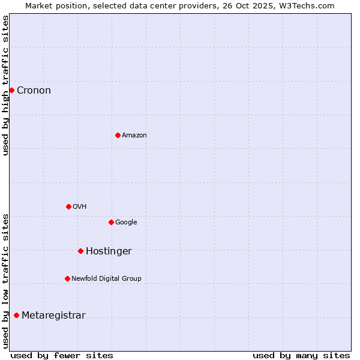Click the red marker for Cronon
(11, 90)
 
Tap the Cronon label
(34, 91)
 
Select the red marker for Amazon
(118, 135)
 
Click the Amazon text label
(134, 136)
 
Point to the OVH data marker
(68, 206)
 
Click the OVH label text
(80, 207)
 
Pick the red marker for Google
(111, 222)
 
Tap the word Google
(126, 223)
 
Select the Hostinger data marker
(80, 251)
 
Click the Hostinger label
(109, 251)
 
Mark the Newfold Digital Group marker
(67, 278)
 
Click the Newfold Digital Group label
(106, 279)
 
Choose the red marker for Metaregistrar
(16, 315)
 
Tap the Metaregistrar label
(53, 316)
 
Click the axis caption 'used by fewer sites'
(62, 355)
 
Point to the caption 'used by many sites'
(301, 355)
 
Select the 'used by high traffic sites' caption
(5, 85)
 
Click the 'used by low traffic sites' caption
(5, 280)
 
